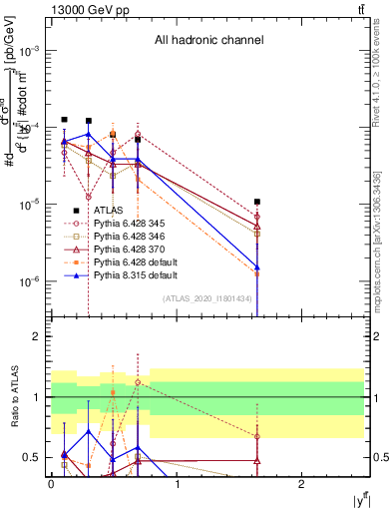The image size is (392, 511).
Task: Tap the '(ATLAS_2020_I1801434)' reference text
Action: (x=207, y=298)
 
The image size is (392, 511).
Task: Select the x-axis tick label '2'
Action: (x=302, y=485)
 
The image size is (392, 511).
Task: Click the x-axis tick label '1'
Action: (x=177, y=485)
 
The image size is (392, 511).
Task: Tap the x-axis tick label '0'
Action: (x=51, y=485)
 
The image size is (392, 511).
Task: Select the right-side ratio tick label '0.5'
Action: (x=379, y=458)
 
